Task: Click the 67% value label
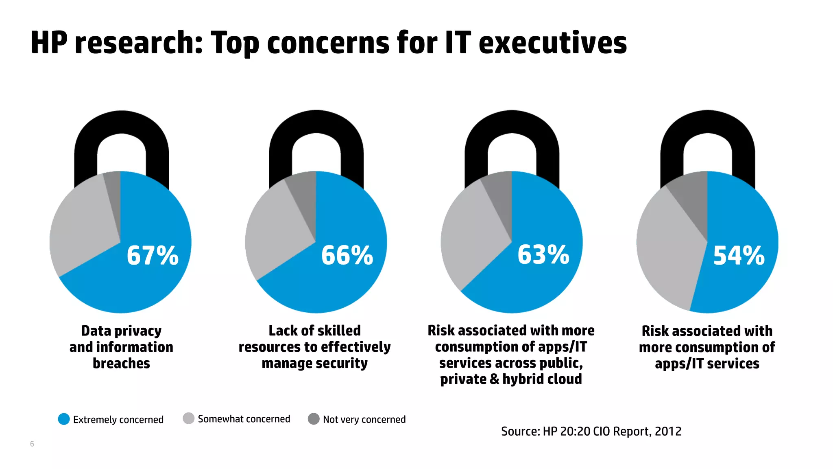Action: pos(153,256)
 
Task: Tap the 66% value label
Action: pos(347,256)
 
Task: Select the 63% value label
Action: pos(543,255)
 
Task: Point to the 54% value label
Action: pos(739,256)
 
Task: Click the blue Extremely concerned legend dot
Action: pos(64,419)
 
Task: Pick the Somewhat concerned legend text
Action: pos(244,419)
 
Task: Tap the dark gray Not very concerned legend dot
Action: pos(314,419)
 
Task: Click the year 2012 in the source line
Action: pos(668,431)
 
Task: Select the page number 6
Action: pos(32,444)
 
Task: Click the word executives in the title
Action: pos(553,43)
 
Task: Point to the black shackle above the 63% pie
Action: pos(512,122)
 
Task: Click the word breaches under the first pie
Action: pos(121,363)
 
